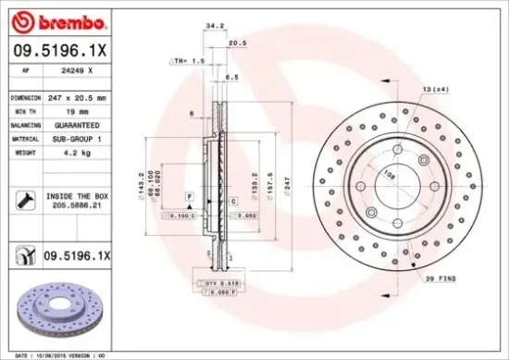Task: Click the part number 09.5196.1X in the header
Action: tap(60, 52)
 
